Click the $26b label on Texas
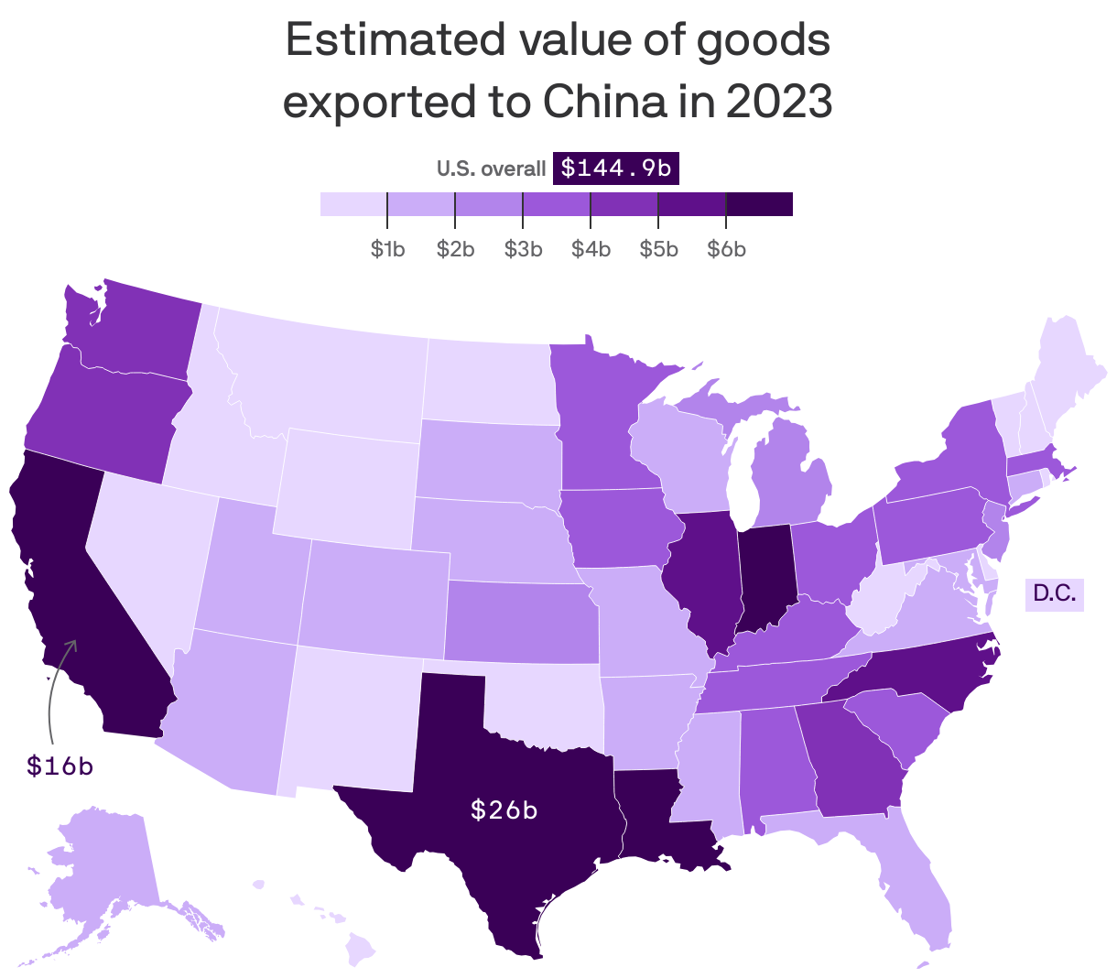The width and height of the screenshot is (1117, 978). (504, 810)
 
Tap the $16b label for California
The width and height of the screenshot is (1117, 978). (60, 766)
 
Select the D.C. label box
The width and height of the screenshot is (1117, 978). (1054, 593)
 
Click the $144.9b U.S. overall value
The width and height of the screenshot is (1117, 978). (615, 168)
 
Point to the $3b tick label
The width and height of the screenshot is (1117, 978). (523, 249)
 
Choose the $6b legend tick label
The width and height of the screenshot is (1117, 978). (726, 249)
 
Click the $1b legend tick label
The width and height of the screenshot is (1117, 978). (388, 249)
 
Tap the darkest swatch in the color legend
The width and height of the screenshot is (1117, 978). (759, 204)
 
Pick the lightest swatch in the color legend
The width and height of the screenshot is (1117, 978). (353, 204)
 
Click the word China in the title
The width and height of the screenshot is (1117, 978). (604, 102)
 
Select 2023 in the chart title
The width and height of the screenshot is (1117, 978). (779, 102)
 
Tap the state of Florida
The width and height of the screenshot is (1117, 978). (916, 888)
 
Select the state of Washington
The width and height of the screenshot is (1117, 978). (137, 330)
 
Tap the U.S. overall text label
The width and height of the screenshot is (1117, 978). (491, 169)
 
